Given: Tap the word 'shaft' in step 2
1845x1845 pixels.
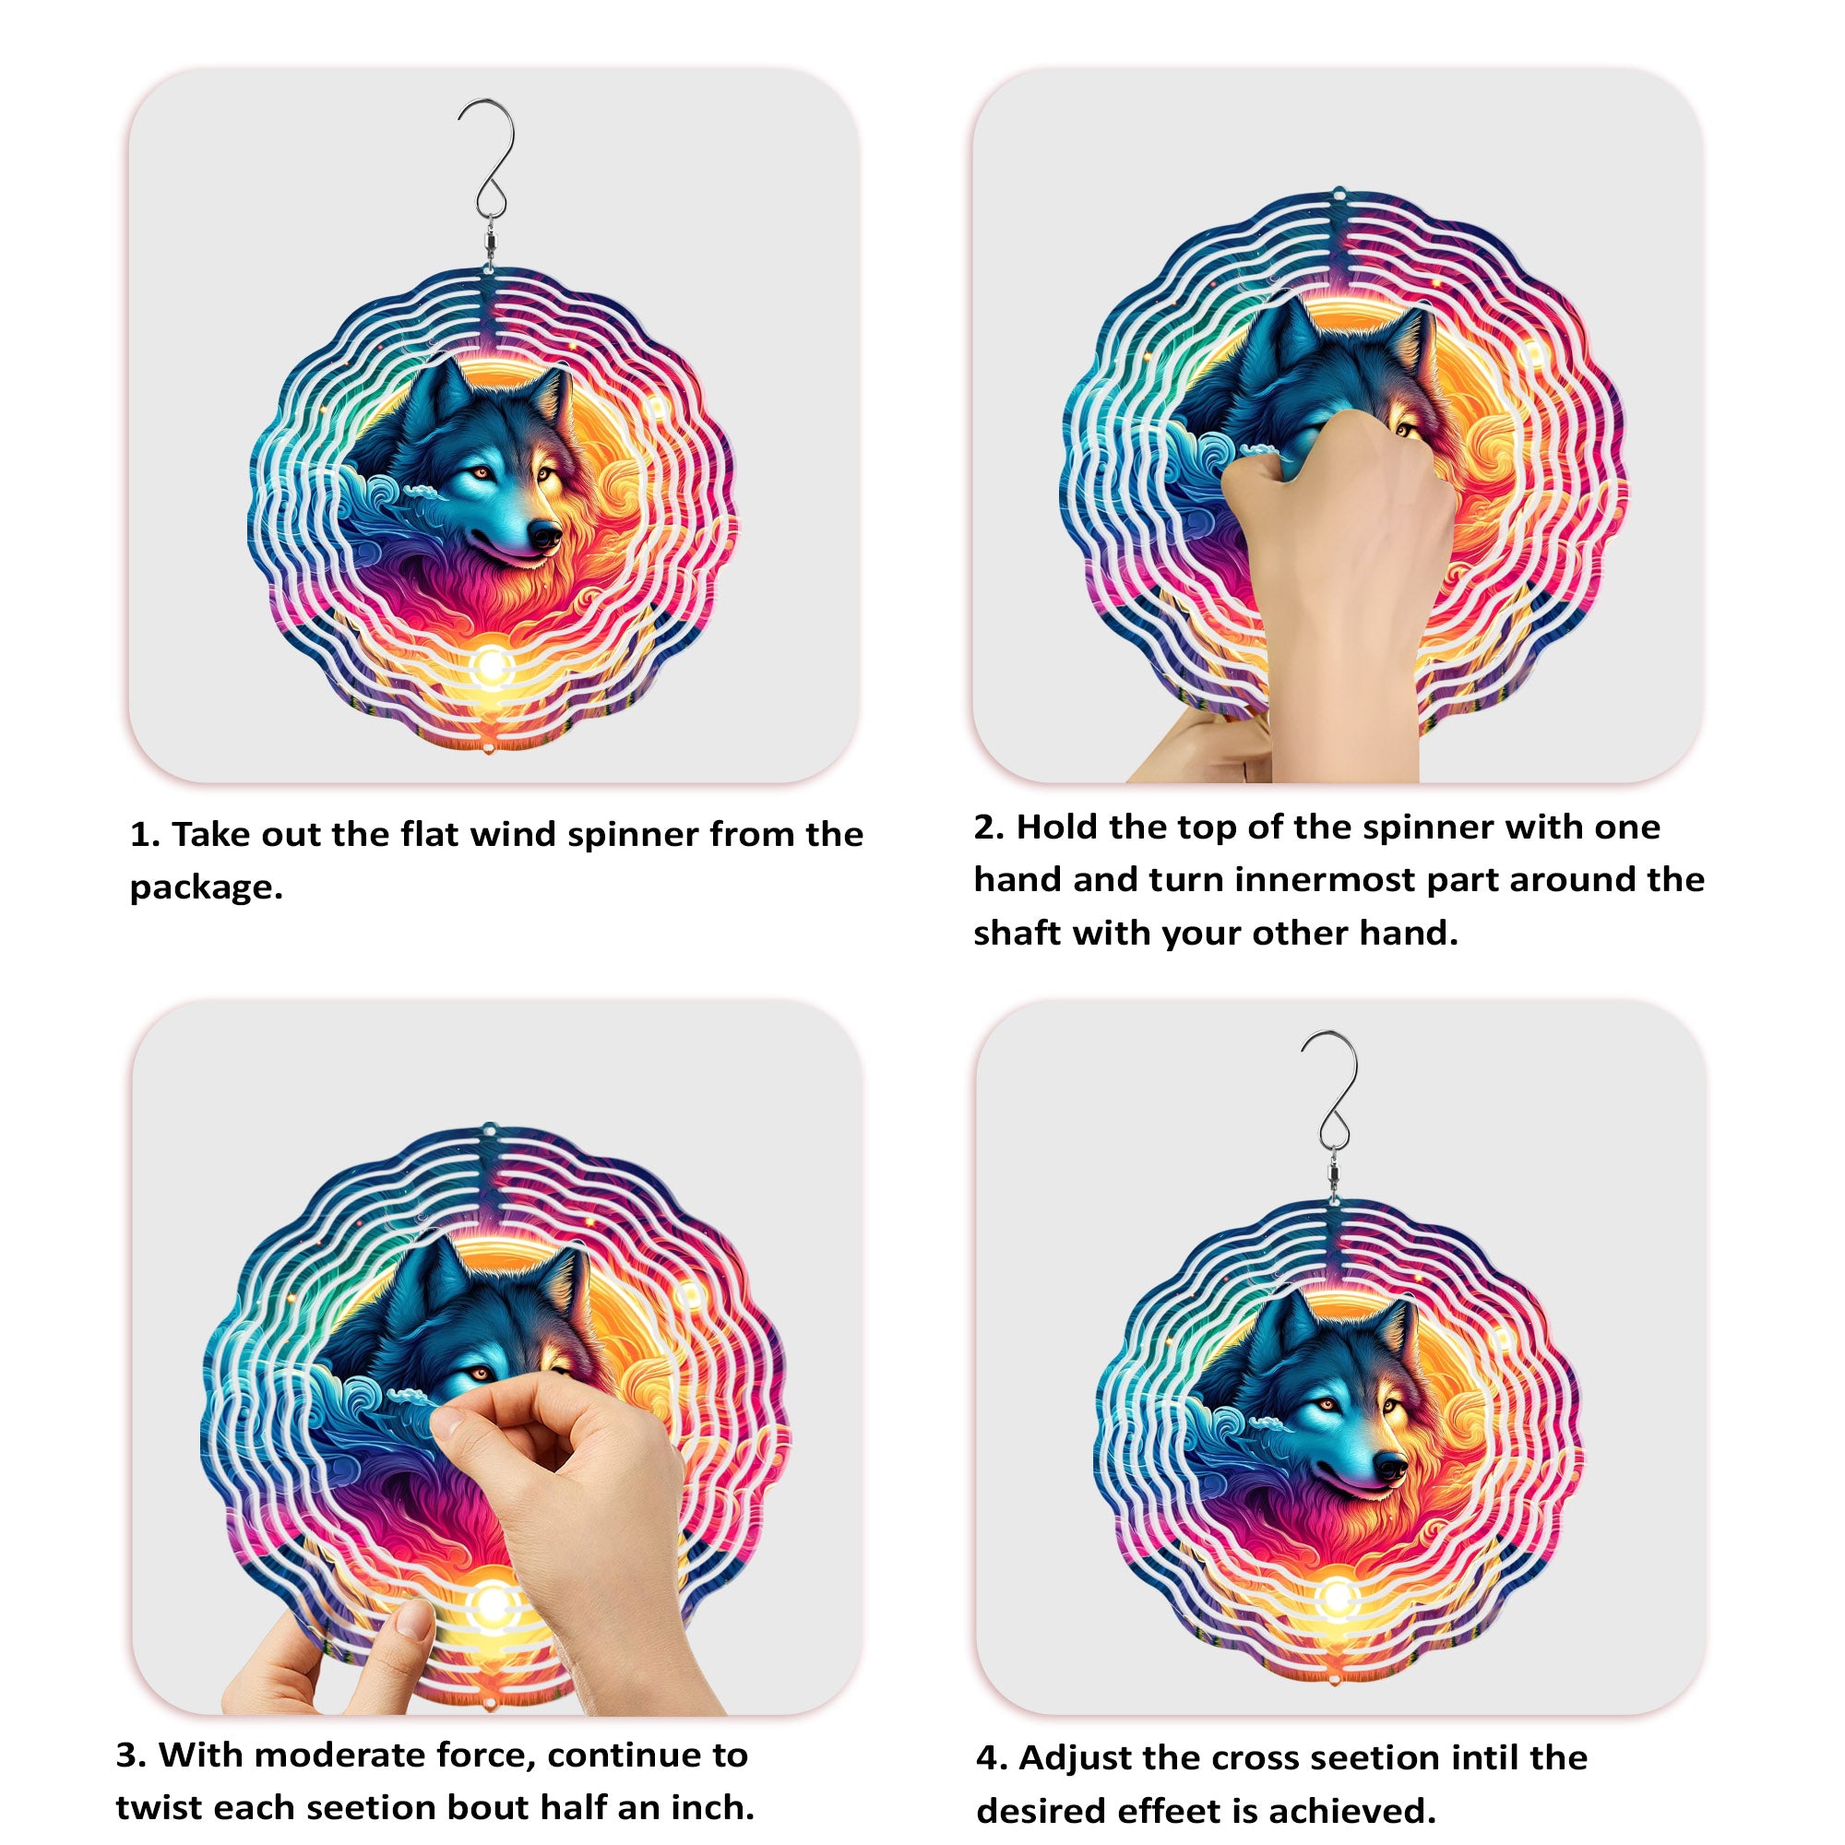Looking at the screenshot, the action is point(1017,933).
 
